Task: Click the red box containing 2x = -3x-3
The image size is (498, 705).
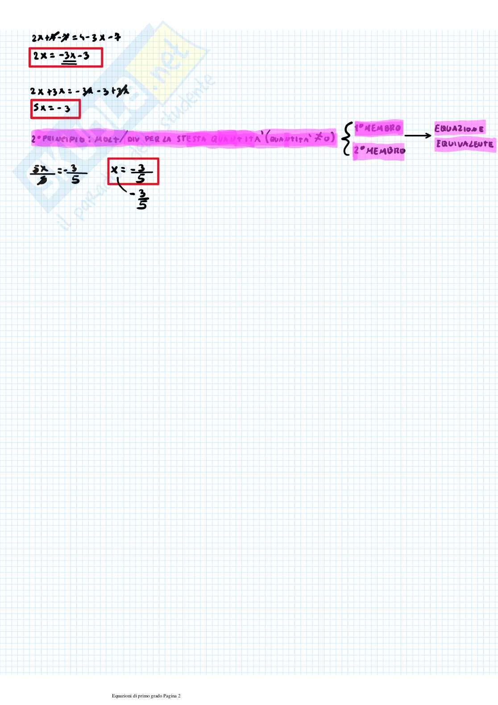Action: (x=66, y=57)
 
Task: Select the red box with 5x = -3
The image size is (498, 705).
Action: (x=55, y=109)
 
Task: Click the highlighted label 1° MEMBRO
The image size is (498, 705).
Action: (x=378, y=128)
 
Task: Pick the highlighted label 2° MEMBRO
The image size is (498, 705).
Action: (x=379, y=151)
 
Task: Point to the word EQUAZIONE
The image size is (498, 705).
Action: (x=459, y=129)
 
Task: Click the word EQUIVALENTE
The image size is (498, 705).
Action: (x=465, y=144)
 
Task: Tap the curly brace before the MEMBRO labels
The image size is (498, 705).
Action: (x=346, y=138)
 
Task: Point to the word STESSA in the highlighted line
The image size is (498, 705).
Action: (x=191, y=139)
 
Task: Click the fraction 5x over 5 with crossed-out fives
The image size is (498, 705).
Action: (x=43, y=174)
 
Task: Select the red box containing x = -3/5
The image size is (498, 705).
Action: (x=133, y=171)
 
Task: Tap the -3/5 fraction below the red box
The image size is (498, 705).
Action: (x=140, y=199)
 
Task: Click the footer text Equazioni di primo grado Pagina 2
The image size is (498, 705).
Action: (x=146, y=696)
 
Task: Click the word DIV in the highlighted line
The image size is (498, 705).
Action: (x=133, y=139)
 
